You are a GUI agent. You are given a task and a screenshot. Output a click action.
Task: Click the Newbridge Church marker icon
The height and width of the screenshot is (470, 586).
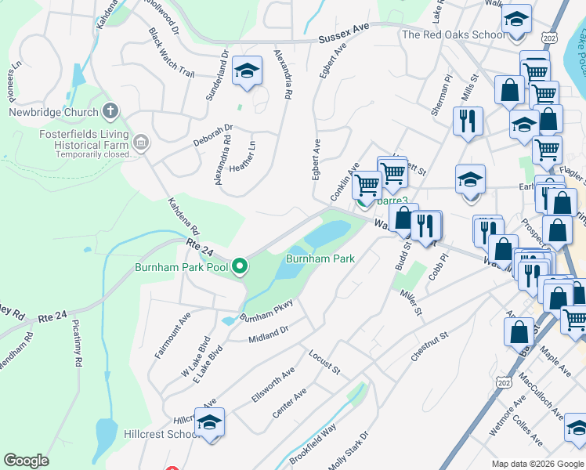tap(110, 111)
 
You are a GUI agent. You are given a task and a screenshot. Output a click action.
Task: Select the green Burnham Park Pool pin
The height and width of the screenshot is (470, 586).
tap(240, 267)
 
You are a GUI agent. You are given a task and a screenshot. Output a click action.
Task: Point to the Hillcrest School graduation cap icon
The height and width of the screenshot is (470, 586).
tap(209, 423)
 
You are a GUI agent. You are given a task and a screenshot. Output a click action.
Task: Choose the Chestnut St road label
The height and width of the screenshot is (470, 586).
tap(429, 346)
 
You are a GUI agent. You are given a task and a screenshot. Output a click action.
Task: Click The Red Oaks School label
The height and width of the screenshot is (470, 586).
tap(453, 34)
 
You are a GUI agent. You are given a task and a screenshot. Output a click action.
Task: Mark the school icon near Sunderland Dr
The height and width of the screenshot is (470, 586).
tap(247, 72)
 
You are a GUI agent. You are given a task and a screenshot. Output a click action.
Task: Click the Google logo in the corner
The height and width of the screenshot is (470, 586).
tap(26, 461)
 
